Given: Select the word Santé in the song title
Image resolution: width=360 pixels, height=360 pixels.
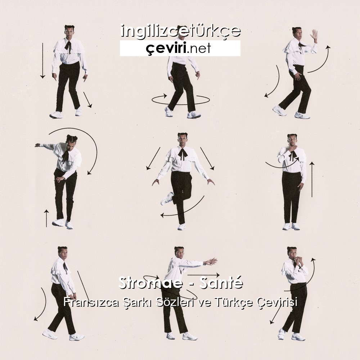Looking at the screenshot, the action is (221, 283).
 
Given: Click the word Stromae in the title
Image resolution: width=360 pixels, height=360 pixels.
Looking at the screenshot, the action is (150, 283).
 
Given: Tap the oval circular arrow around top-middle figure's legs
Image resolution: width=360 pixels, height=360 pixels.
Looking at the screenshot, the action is (181, 100).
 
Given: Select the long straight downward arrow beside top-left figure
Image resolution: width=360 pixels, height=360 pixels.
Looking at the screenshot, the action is (42, 60).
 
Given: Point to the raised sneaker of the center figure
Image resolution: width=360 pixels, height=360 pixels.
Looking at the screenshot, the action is (167, 198).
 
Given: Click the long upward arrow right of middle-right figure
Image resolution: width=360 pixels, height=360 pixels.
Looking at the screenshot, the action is (312, 179).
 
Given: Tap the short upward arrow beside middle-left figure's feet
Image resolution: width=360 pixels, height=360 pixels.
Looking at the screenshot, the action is (46, 218).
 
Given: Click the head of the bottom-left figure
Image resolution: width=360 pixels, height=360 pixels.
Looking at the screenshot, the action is (62, 253).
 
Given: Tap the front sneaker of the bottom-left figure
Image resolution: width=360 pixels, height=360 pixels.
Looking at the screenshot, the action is (77, 337).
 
